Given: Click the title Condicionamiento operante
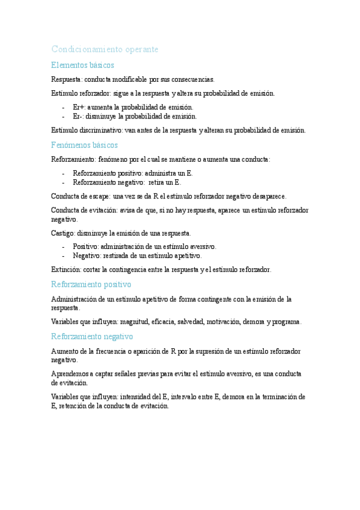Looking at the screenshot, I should [x=105, y=49].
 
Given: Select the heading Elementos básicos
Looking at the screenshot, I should [x=82, y=65].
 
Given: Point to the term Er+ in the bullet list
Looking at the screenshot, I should [x=79, y=107].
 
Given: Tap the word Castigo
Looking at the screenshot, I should [x=63, y=233].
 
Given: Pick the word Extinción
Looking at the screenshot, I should [x=66, y=269].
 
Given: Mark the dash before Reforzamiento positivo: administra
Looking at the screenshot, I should [x=63, y=173].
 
